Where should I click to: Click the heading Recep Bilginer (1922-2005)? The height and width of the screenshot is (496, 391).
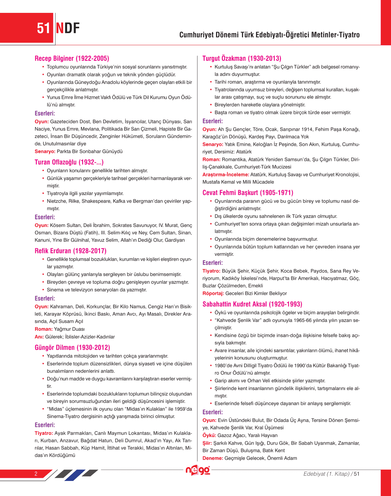click(x=72, y=58)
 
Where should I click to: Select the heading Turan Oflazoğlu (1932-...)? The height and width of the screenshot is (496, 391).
click(x=69, y=162)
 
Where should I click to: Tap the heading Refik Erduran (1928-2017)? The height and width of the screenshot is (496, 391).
click(x=71, y=251)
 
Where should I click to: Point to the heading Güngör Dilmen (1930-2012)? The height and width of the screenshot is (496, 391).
click(x=72, y=348)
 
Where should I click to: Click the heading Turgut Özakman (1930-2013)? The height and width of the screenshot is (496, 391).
click(x=242, y=58)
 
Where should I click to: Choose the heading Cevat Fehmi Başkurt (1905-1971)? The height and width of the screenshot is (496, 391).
click(x=248, y=193)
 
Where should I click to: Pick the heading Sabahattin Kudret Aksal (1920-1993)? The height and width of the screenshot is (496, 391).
click(x=252, y=304)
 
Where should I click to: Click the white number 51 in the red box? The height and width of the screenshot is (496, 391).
click(x=43, y=28)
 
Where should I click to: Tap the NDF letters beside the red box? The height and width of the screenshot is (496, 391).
click(x=68, y=28)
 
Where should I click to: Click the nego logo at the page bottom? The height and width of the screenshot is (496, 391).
click(x=198, y=470)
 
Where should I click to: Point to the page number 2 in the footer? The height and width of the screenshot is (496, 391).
click(x=36, y=474)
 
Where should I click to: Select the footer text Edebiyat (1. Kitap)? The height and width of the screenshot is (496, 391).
click(x=326, y=474)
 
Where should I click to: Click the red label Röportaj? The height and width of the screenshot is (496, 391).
click(x=213, y=293)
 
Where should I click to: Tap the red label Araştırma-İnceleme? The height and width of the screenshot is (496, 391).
click(x=226, y=174)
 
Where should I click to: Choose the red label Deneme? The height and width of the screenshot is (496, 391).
click(x=213, y=458)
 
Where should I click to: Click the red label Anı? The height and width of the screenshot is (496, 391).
click(x=39, y=337)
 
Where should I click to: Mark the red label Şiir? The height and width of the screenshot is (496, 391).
click(x=207, y=443)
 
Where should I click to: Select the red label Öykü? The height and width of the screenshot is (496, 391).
click(x=209, y=435)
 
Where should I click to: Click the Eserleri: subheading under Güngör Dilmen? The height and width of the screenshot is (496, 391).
click(x=45, y=425)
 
